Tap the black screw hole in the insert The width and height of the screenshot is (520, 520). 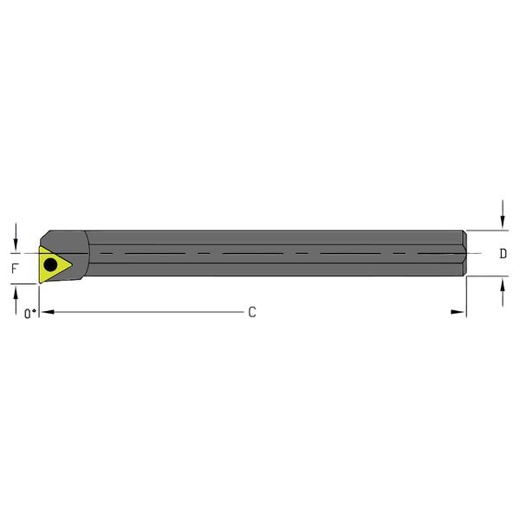tap(51, 263)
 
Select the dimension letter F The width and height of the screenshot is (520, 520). tap(14, 269)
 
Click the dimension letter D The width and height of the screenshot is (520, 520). tap(504, 254)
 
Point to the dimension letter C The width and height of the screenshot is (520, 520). tap(252, 312)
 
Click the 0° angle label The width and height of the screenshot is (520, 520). tap(29, 314)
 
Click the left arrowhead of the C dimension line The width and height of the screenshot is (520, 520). tap(46, 312)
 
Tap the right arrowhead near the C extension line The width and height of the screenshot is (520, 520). tap(458, 312)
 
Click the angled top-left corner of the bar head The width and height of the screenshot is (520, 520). tap(45, 235)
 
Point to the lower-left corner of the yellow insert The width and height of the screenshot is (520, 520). tap(40, 282)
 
